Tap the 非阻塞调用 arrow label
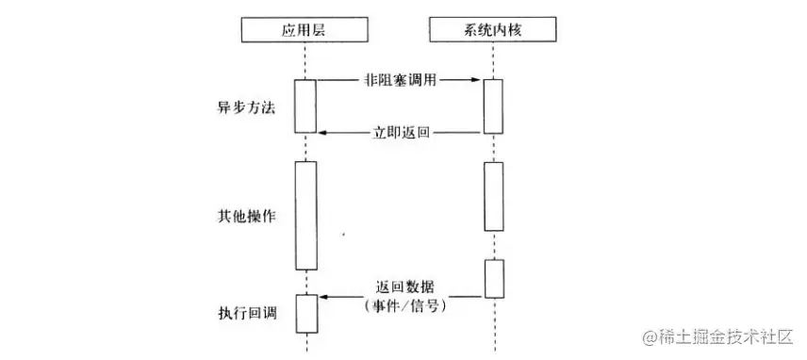[401, 81]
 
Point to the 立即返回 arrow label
[401, 133]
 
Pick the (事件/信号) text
[403, 305]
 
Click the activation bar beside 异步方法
[305, 106]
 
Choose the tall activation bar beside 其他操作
[305, 216]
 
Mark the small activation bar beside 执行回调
[305, 313]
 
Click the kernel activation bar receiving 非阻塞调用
[494, 106]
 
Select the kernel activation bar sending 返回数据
[494, 278]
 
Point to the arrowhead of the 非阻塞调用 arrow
[478, 81]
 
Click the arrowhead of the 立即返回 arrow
[321, 133]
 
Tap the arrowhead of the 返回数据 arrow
[321, 298]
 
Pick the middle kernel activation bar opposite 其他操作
[494, 196]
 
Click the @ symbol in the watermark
[650, 336]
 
